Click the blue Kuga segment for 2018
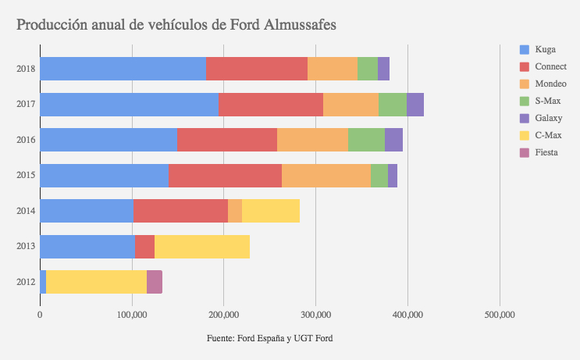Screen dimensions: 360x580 click(x=123, y=69)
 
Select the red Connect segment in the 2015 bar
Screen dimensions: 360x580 click(x=225, y=176)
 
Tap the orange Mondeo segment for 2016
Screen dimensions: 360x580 click(x=312, y=140)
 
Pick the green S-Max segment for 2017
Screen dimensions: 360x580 click(x=393, y=105)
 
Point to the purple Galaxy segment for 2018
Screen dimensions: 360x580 click(x=383, y=69)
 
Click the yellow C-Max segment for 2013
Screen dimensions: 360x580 click(x=202, y=247)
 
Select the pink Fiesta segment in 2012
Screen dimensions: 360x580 click(x=155, y=282)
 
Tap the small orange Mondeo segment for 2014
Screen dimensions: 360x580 click(x=235, y=211)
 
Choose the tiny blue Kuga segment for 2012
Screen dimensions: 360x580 click(x=43, y=282)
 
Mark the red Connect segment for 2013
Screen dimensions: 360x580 click(x=144, y=247)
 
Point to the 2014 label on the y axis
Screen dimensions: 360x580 click(x=25, y=211)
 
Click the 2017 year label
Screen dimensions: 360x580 click(x=25, y=105)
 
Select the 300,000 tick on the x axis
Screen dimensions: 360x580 click(x=315, y=315)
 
